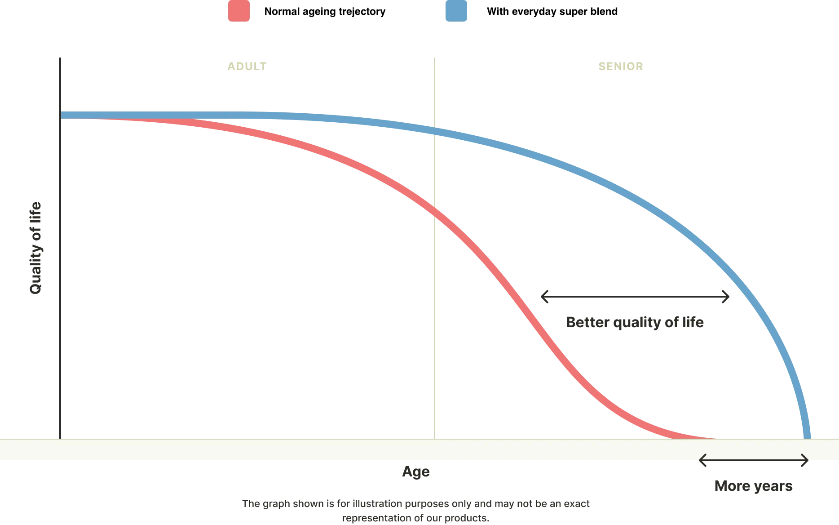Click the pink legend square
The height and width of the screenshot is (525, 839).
click(239, 10)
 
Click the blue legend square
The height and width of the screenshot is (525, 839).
click(456, 10)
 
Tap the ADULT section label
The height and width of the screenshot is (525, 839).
click(247, 67)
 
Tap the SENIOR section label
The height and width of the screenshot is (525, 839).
click(621, 67)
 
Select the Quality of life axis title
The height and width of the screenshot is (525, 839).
click(35, 248)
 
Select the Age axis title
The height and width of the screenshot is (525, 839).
click(416, 472)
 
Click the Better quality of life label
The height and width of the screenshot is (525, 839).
click(635, 322)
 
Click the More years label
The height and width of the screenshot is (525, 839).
click(753, 486)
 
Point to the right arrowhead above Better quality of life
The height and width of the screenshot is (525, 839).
click(727, 297)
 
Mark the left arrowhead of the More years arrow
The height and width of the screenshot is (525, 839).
click(701, 460)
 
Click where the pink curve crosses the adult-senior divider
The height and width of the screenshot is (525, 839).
click(434, 213)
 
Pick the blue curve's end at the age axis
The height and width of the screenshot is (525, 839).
click(808, 437)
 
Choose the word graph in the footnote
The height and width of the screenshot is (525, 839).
click(276, 504)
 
